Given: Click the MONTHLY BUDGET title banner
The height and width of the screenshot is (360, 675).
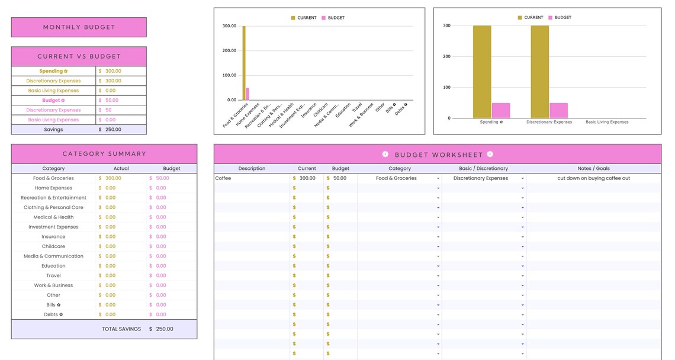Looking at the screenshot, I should pyautogui.click(x=79, y=27).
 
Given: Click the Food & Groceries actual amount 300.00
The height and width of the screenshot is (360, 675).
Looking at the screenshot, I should pyautogui.click(x=113, y=178).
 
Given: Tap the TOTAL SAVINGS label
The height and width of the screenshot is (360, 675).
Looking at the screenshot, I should pyautogui.click(x=121, y=329).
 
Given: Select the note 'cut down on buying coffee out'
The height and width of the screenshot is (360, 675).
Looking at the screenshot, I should pyautogui.click(x=593, y=178).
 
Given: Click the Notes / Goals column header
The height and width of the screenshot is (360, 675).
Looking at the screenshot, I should pyautogui.click(x=593, y=169).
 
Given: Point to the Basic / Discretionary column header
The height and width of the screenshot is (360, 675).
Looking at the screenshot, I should pyautogui.click(x=483, y=169).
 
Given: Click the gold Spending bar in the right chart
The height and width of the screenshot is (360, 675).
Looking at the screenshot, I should pyautogui.click(x=482, y=72).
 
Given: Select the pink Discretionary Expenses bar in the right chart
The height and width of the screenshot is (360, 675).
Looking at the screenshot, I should pyautogui.click(x=558, y=111).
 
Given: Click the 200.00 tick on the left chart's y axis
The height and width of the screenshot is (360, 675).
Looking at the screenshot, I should pyautogui.click(x=230, y=51).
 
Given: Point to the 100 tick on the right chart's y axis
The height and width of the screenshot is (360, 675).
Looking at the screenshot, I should pyautogui.click(x=446, y=88).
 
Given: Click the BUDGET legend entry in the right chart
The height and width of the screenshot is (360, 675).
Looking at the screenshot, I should pyautogui.click(x=562, y=18).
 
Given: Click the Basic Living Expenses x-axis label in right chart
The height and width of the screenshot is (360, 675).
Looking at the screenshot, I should pyautogui.click(x=607, y=123).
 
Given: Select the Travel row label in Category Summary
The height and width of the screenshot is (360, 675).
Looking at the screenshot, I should pyautogui.click(x=53, y=276).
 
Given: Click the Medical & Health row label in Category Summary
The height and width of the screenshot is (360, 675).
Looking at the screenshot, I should pyautogui.click(x=53, y=217).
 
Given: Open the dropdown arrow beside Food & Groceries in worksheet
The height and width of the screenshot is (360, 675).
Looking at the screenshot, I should pyautogui.click(x=438, y=179).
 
